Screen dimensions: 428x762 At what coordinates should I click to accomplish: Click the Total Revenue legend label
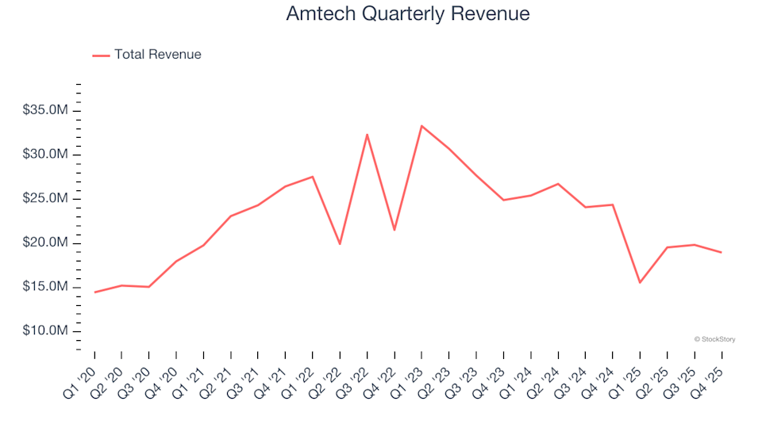[157, 55]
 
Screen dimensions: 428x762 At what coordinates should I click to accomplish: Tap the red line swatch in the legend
[101, 55]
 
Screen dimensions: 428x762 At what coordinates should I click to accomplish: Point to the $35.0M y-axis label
[47, 109]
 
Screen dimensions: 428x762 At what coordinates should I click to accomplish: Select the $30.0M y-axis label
[47, 154]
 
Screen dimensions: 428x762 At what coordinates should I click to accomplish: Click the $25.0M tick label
[47, 198]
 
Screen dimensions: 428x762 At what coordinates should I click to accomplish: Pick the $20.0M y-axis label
[47, 242]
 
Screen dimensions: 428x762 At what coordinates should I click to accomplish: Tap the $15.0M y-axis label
[47, 286]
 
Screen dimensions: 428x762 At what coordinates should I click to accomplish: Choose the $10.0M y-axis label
[47, 331]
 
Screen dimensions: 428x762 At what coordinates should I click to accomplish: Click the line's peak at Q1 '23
[421, 126]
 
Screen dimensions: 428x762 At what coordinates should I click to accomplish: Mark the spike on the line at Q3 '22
[367, 135]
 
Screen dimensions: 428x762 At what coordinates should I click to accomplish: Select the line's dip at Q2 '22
[340, 243]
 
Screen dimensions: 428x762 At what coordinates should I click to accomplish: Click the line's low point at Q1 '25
[639, 282]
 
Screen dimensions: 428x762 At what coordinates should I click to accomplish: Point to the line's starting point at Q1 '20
[95, 292]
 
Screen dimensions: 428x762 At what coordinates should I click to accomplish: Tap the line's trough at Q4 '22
[394, 230]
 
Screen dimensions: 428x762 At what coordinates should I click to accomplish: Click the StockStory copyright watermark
[714, 339]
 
